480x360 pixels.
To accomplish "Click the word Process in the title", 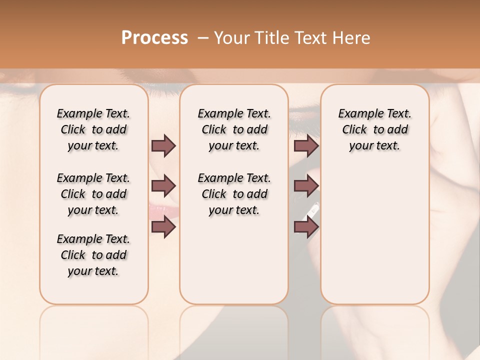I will [x=154, y=38].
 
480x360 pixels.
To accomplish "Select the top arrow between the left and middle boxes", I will [x=163, y=145].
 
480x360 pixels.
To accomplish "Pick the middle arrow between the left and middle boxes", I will [x=163, y=186].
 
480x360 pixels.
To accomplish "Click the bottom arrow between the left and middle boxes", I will [x=163, y=227].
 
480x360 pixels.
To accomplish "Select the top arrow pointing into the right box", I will [x=306, y=145].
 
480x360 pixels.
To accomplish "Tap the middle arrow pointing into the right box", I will [x=306, y=186].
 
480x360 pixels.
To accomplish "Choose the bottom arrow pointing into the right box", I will [x=306, y=227].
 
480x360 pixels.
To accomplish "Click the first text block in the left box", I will [x=93, y=129].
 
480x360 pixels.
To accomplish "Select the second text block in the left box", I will [x=93, y=194].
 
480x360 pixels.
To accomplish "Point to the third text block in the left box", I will [x=93, y=255].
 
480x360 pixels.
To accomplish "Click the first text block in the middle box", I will [x=234, y=129].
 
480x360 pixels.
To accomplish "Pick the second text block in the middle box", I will [x=234, y=194].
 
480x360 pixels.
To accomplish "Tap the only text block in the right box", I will [x=374, y=129].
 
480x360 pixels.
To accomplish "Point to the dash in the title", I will [x=203, y=38].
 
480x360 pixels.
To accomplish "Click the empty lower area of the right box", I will [x=374, y=240].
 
